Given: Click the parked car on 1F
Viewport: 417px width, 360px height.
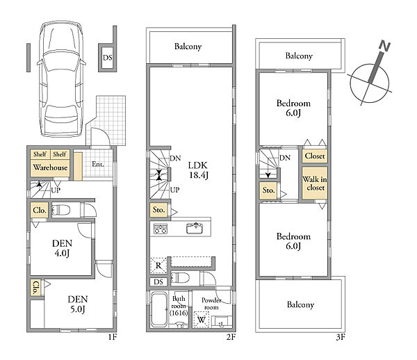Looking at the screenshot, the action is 61,79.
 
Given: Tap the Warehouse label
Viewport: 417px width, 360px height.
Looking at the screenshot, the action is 50,167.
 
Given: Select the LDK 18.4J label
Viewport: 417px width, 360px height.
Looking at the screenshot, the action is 198,170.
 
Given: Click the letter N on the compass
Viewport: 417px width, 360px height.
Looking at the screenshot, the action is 384,46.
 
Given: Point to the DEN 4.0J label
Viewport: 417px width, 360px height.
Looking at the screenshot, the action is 63,248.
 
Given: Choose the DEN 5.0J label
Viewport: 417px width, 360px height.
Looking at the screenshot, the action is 78,304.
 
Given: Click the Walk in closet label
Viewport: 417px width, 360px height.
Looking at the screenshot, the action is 315,183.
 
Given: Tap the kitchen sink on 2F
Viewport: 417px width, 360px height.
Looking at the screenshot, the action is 195,228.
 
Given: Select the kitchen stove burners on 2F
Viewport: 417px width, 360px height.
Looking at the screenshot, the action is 161,229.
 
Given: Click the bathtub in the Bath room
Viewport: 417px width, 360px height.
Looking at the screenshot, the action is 158,309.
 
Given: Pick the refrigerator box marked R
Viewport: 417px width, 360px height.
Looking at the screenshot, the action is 158,265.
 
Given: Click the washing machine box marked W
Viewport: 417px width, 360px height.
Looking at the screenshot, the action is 202,319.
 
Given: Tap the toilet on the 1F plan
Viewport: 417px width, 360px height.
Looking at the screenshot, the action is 61,211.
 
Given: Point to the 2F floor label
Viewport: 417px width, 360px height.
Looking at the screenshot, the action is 231,337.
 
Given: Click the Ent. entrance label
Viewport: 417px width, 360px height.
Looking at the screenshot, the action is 97,164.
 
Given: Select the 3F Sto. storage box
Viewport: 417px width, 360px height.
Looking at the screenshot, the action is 268,190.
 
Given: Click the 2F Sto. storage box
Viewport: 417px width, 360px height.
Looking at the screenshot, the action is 158,210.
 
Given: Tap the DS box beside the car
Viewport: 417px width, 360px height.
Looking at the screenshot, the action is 108,58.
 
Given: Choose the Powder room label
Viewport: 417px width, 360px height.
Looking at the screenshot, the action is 211,304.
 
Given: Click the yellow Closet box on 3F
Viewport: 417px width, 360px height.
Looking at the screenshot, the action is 315,156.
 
